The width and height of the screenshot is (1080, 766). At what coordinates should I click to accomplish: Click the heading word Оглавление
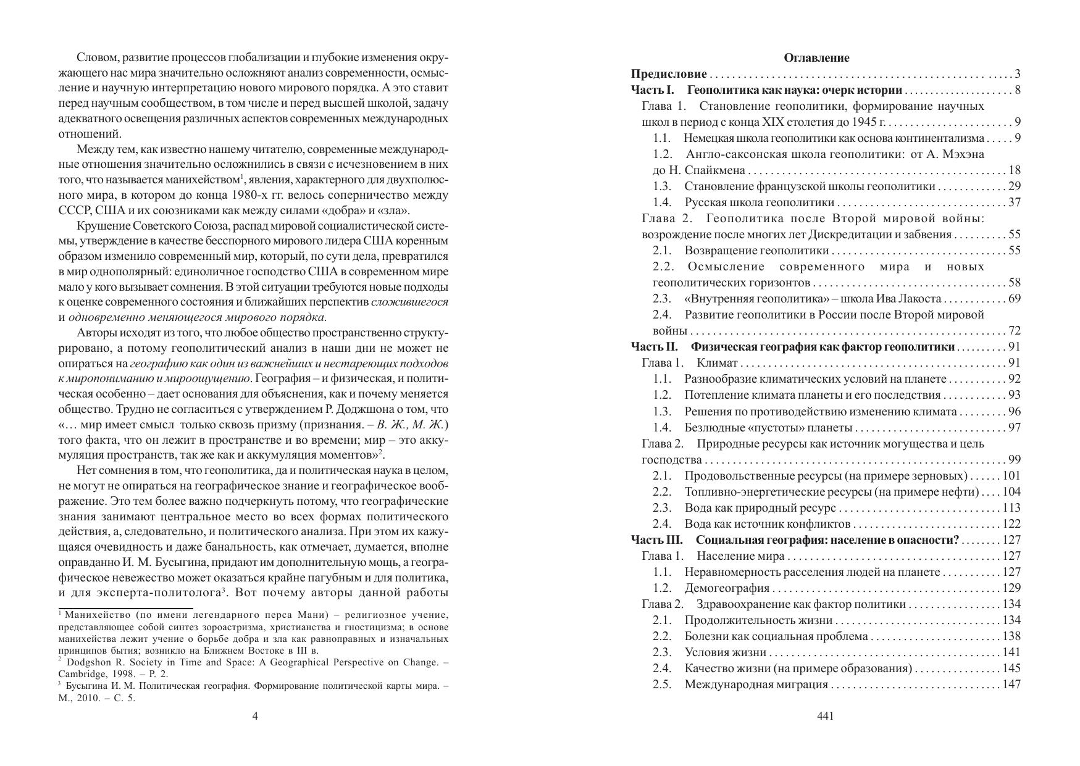point(816,58)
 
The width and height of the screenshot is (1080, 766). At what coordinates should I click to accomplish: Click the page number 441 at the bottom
point(825,716)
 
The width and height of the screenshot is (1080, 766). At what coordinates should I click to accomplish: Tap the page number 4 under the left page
point(255,716)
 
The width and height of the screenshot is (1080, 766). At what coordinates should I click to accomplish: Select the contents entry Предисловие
point(669,74)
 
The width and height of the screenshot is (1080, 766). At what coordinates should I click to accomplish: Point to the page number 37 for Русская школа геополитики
point(1014,202)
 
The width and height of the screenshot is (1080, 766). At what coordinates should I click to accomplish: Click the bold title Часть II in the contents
point(655,347)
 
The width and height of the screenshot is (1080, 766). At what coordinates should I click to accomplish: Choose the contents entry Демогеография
point(727,588)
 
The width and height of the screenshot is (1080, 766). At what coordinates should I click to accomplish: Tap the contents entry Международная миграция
point(756,684)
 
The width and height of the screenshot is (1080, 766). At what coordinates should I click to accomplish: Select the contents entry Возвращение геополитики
point(756,251)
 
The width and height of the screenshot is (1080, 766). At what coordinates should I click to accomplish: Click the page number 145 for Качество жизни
point(1011,668)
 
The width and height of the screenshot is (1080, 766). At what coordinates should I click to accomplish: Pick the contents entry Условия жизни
point(725,652)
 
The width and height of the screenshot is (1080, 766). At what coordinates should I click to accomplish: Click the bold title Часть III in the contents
point(656,540)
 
